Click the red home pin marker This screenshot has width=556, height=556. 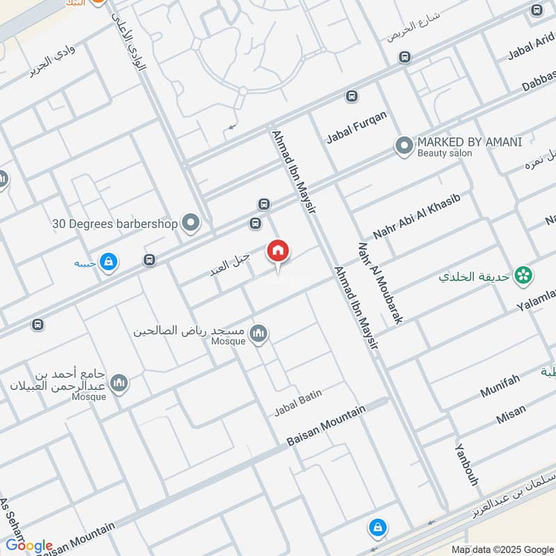[278, 251]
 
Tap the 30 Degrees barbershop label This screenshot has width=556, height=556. [115, 224]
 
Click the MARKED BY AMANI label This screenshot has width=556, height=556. [469, 142]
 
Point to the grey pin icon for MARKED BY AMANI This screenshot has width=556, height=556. [404, 146]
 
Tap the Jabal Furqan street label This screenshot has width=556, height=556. [357, 127]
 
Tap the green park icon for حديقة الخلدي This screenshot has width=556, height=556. [524, 276]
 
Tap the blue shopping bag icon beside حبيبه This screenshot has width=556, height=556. [108, 262]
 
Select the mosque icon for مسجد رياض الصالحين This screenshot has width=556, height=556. [259, 335]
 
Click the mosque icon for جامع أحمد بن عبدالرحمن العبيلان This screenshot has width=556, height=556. [120, 383]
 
